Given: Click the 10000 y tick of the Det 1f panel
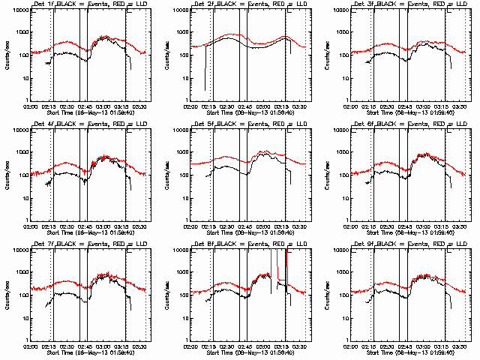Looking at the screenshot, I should (x=19, y=10).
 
